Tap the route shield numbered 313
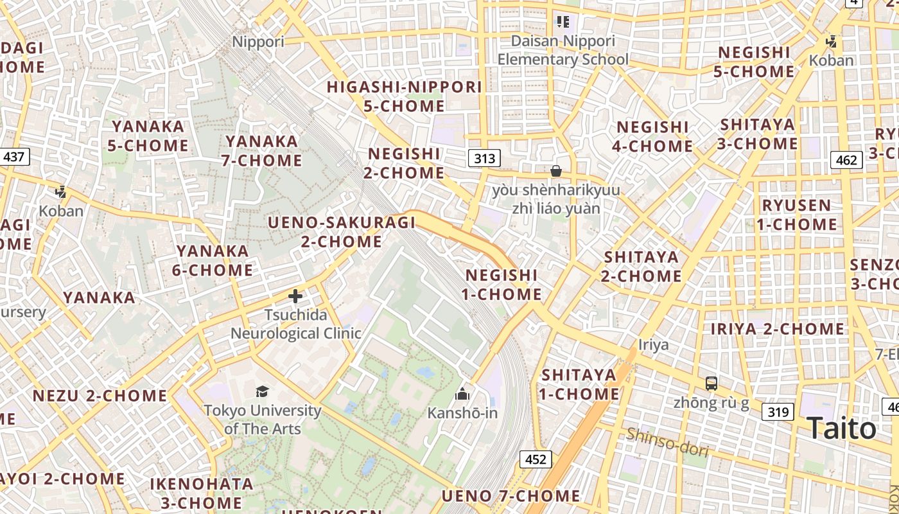484,158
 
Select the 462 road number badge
846,159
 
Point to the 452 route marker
535,459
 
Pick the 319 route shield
778,411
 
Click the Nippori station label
257,42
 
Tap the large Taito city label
841,428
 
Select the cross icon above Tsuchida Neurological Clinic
295,296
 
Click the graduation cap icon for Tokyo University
262,391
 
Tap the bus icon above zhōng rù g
711,384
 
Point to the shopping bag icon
556,171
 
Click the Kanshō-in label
462,412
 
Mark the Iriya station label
653,344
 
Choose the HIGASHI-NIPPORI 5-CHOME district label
404,96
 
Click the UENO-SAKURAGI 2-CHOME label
342,232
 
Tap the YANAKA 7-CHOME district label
262,150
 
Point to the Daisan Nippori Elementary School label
563,50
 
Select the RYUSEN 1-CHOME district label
796,215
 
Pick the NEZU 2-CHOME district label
100,395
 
